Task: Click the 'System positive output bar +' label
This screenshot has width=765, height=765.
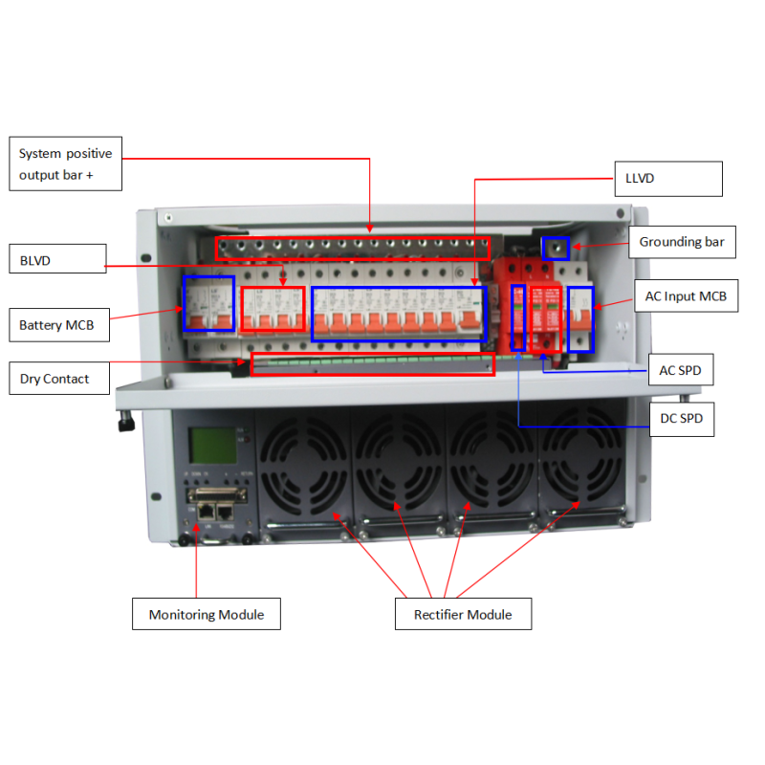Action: [x=65, y=164]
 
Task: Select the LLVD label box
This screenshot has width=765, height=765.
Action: [x=668, y=179]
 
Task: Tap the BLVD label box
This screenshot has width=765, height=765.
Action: [x=57, y=258]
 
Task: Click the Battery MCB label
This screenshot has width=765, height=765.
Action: [x=59, y=325]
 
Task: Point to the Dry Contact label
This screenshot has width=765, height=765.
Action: [x=59, y=378]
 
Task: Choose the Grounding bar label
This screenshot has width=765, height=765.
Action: [x=682, y=242]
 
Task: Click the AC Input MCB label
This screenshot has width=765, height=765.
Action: [x=686, y=295]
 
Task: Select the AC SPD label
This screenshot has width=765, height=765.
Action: [x=681, y=370]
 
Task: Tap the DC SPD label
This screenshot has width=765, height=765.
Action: [x=682, y=419]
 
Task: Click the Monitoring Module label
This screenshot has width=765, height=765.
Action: [x=207, y=614]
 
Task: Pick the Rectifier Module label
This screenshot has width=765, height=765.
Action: [x=463, y=614]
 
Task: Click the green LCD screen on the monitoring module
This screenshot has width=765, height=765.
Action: [x=212, y=446]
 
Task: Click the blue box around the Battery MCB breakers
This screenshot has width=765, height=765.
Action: [x=184, y=303]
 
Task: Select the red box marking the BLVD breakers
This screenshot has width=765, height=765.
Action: [x=241, y=309]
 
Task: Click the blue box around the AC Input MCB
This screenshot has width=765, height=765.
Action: [x=568, y=319]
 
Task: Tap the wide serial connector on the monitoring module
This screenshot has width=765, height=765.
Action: [x=217, y=495]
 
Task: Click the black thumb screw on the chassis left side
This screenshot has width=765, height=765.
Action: [x=126, y=422]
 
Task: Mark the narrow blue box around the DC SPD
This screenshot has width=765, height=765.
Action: [x=511, y=318]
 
